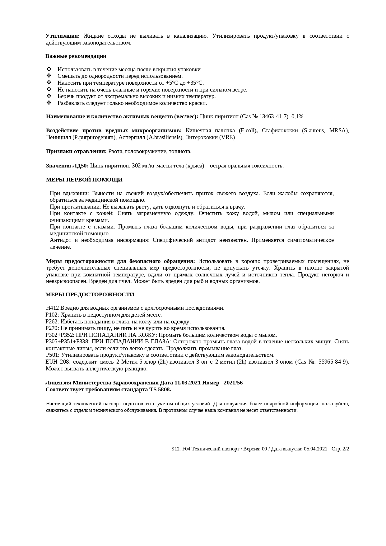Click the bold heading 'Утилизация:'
point(63,36)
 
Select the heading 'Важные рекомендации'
point(76,56)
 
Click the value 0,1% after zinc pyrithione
point(297,116)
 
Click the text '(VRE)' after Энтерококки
point(227,137)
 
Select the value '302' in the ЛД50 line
point(136,166)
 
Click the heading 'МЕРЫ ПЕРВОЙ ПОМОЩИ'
point(84,180)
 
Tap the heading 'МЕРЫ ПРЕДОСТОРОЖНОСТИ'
point(90,294)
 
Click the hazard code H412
point(52,308)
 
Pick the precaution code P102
point(52,315)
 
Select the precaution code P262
point(52,322)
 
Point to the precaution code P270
point(52,328)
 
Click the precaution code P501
point(52,355)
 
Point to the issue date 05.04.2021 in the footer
point(315,449)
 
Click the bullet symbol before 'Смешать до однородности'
point(49,76)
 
